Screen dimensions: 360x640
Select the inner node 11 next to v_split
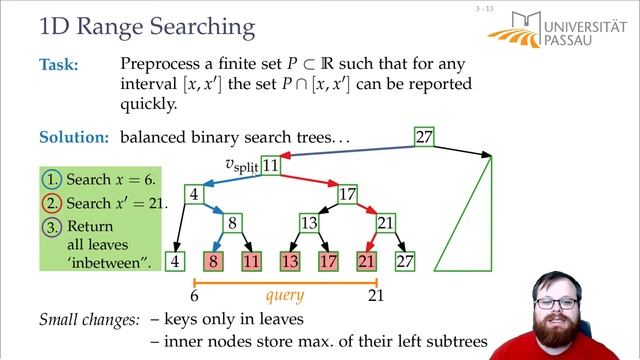tap(271, 165)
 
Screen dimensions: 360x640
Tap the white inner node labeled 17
tap(347, 193)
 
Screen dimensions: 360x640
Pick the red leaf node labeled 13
tap(290, 262)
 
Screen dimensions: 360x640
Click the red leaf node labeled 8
tap(213, 262)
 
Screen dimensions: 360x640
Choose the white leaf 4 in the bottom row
tap(175, 262)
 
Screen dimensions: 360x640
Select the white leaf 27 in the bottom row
tap(405, 262)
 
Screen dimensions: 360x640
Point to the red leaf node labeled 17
tap(328, 262)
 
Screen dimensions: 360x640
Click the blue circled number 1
tap(51, 180)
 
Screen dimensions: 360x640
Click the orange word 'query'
tap(285, 296)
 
